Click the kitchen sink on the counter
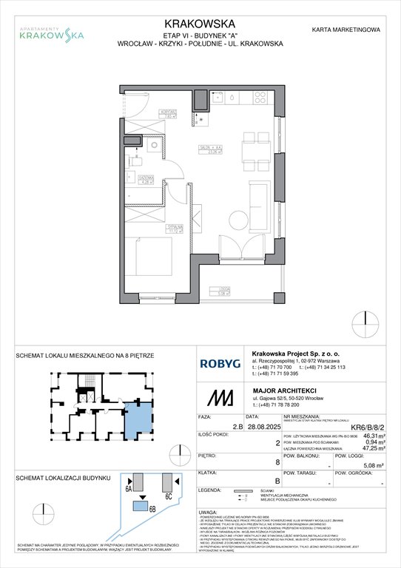coord(232,97)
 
